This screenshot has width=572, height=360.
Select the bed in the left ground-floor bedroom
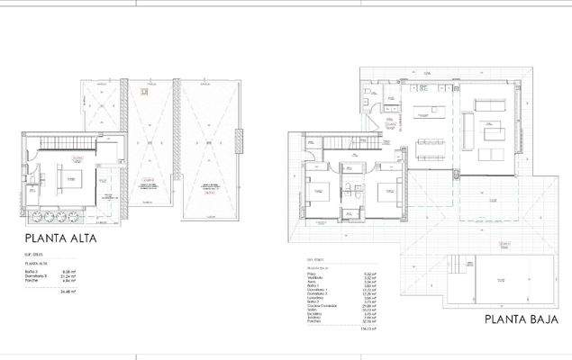319,192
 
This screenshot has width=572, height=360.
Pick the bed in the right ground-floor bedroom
385,191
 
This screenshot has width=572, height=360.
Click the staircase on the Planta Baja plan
342,142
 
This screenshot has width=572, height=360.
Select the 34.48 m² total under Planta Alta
67,292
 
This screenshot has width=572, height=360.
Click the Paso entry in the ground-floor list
310,274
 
